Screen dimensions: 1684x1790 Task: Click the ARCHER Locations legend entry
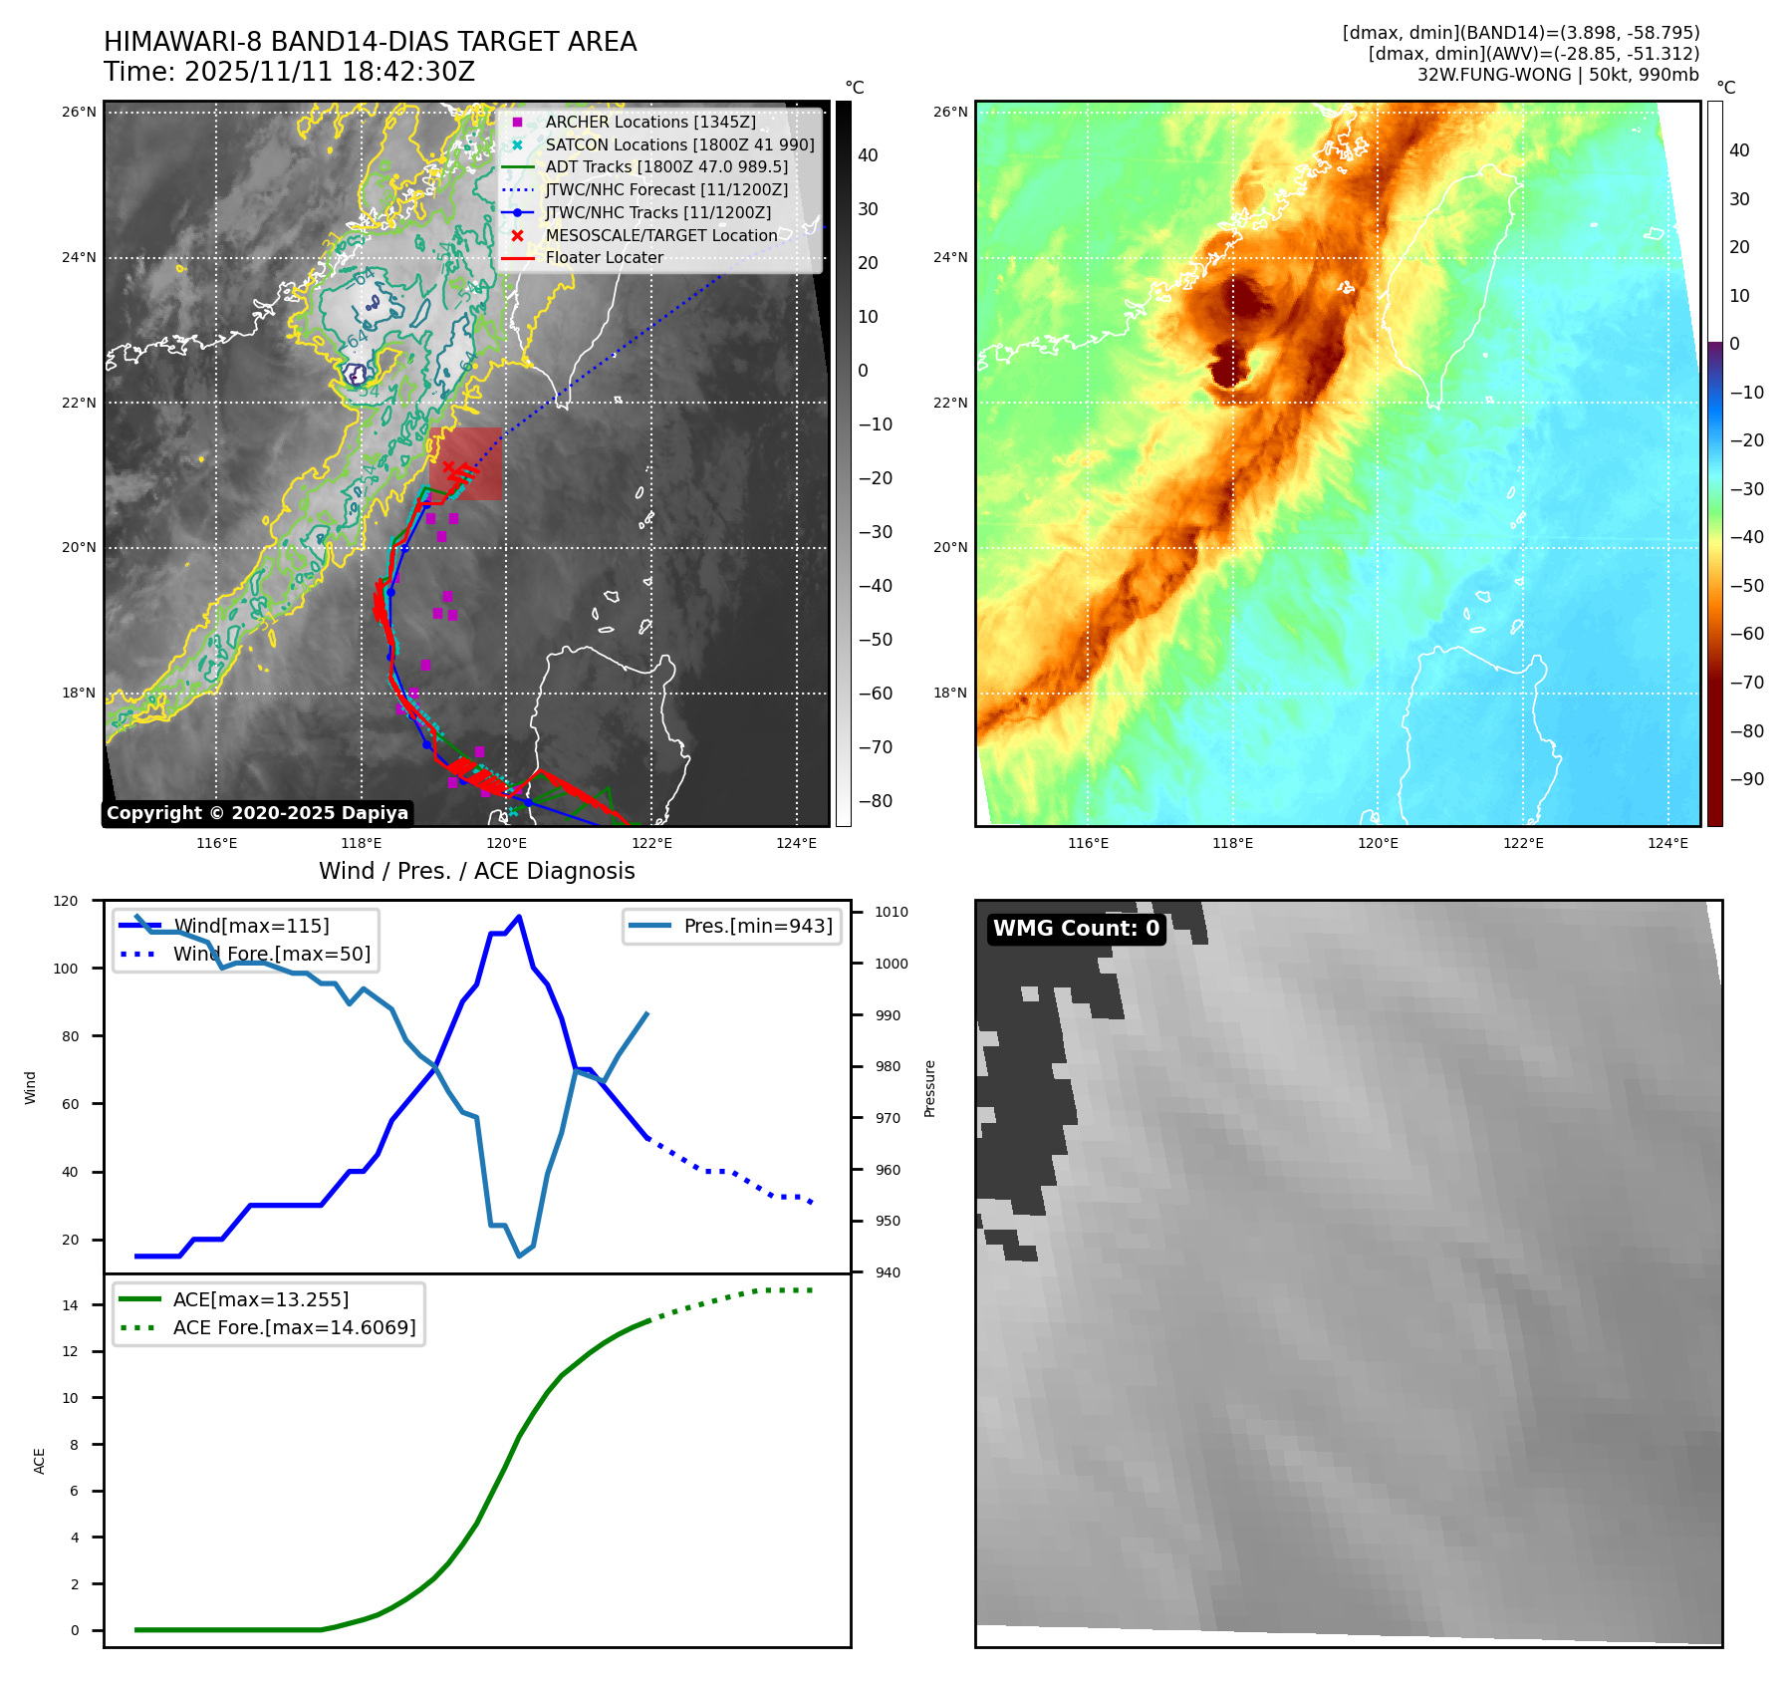click(649, 122)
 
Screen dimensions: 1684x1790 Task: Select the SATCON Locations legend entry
click(678, 144)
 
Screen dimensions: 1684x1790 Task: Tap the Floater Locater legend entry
click(604, 257)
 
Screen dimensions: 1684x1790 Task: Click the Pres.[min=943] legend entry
click(757, 926)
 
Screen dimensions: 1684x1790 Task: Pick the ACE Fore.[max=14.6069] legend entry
click(294, 1327)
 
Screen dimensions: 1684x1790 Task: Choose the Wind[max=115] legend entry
click(251, 926)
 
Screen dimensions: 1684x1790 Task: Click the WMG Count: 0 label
click(1076, 929)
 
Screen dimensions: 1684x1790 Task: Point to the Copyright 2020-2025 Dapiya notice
click(257, 813)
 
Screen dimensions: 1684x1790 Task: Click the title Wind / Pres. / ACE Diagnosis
click(476, 871)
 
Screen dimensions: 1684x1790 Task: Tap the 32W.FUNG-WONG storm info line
click(1558, 75)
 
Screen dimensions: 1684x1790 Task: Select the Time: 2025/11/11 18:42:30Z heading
click(289, 72)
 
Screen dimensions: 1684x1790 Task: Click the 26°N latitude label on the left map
click(79, 112)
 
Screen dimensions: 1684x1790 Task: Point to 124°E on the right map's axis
click(1667, 843)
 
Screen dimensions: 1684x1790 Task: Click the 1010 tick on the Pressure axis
click(892, 912)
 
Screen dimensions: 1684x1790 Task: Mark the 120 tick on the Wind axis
click(66, 901)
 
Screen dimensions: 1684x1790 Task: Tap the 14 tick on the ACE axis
click(70, 1305)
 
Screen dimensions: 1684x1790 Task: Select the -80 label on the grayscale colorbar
click(876, 801)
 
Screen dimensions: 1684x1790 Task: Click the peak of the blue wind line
click(519, 917)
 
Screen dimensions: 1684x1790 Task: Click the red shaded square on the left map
click(466, 463)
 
